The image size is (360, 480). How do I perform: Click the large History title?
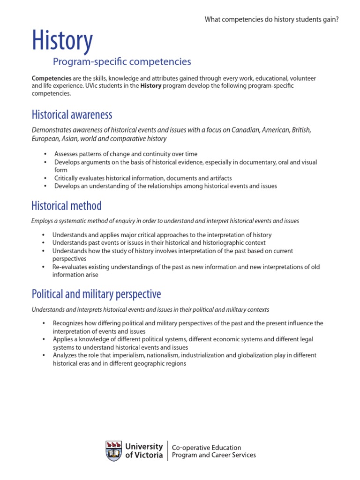[62, 41]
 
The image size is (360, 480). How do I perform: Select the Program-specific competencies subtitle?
[122, 61]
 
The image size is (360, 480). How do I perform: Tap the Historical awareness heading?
[72, 114]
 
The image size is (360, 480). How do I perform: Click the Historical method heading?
[66, 205]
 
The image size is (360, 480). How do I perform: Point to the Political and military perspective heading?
[96, 294]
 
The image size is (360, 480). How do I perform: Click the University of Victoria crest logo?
[114, 451]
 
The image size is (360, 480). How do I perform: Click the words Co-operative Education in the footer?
[207, 448]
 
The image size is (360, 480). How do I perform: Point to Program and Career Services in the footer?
[214, 455]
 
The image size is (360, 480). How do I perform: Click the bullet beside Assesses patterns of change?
[45, 154]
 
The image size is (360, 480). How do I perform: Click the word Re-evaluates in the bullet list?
[70, 267]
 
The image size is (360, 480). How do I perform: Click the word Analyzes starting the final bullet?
[66, 355]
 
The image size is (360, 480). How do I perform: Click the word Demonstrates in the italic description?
[52, 130]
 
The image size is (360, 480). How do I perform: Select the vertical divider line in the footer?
[168, 451]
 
